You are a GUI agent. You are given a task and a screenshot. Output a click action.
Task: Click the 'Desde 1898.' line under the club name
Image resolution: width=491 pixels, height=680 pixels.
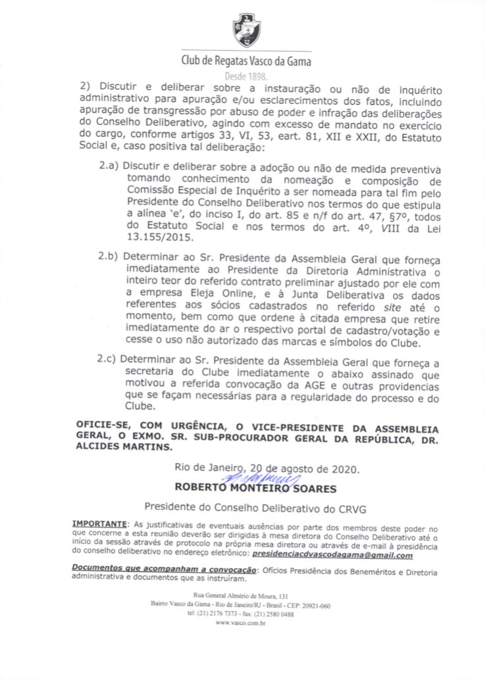click(x=245, y=76)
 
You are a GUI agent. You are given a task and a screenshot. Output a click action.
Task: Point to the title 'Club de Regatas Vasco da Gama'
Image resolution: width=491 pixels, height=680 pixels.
click(x=246, y=61)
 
